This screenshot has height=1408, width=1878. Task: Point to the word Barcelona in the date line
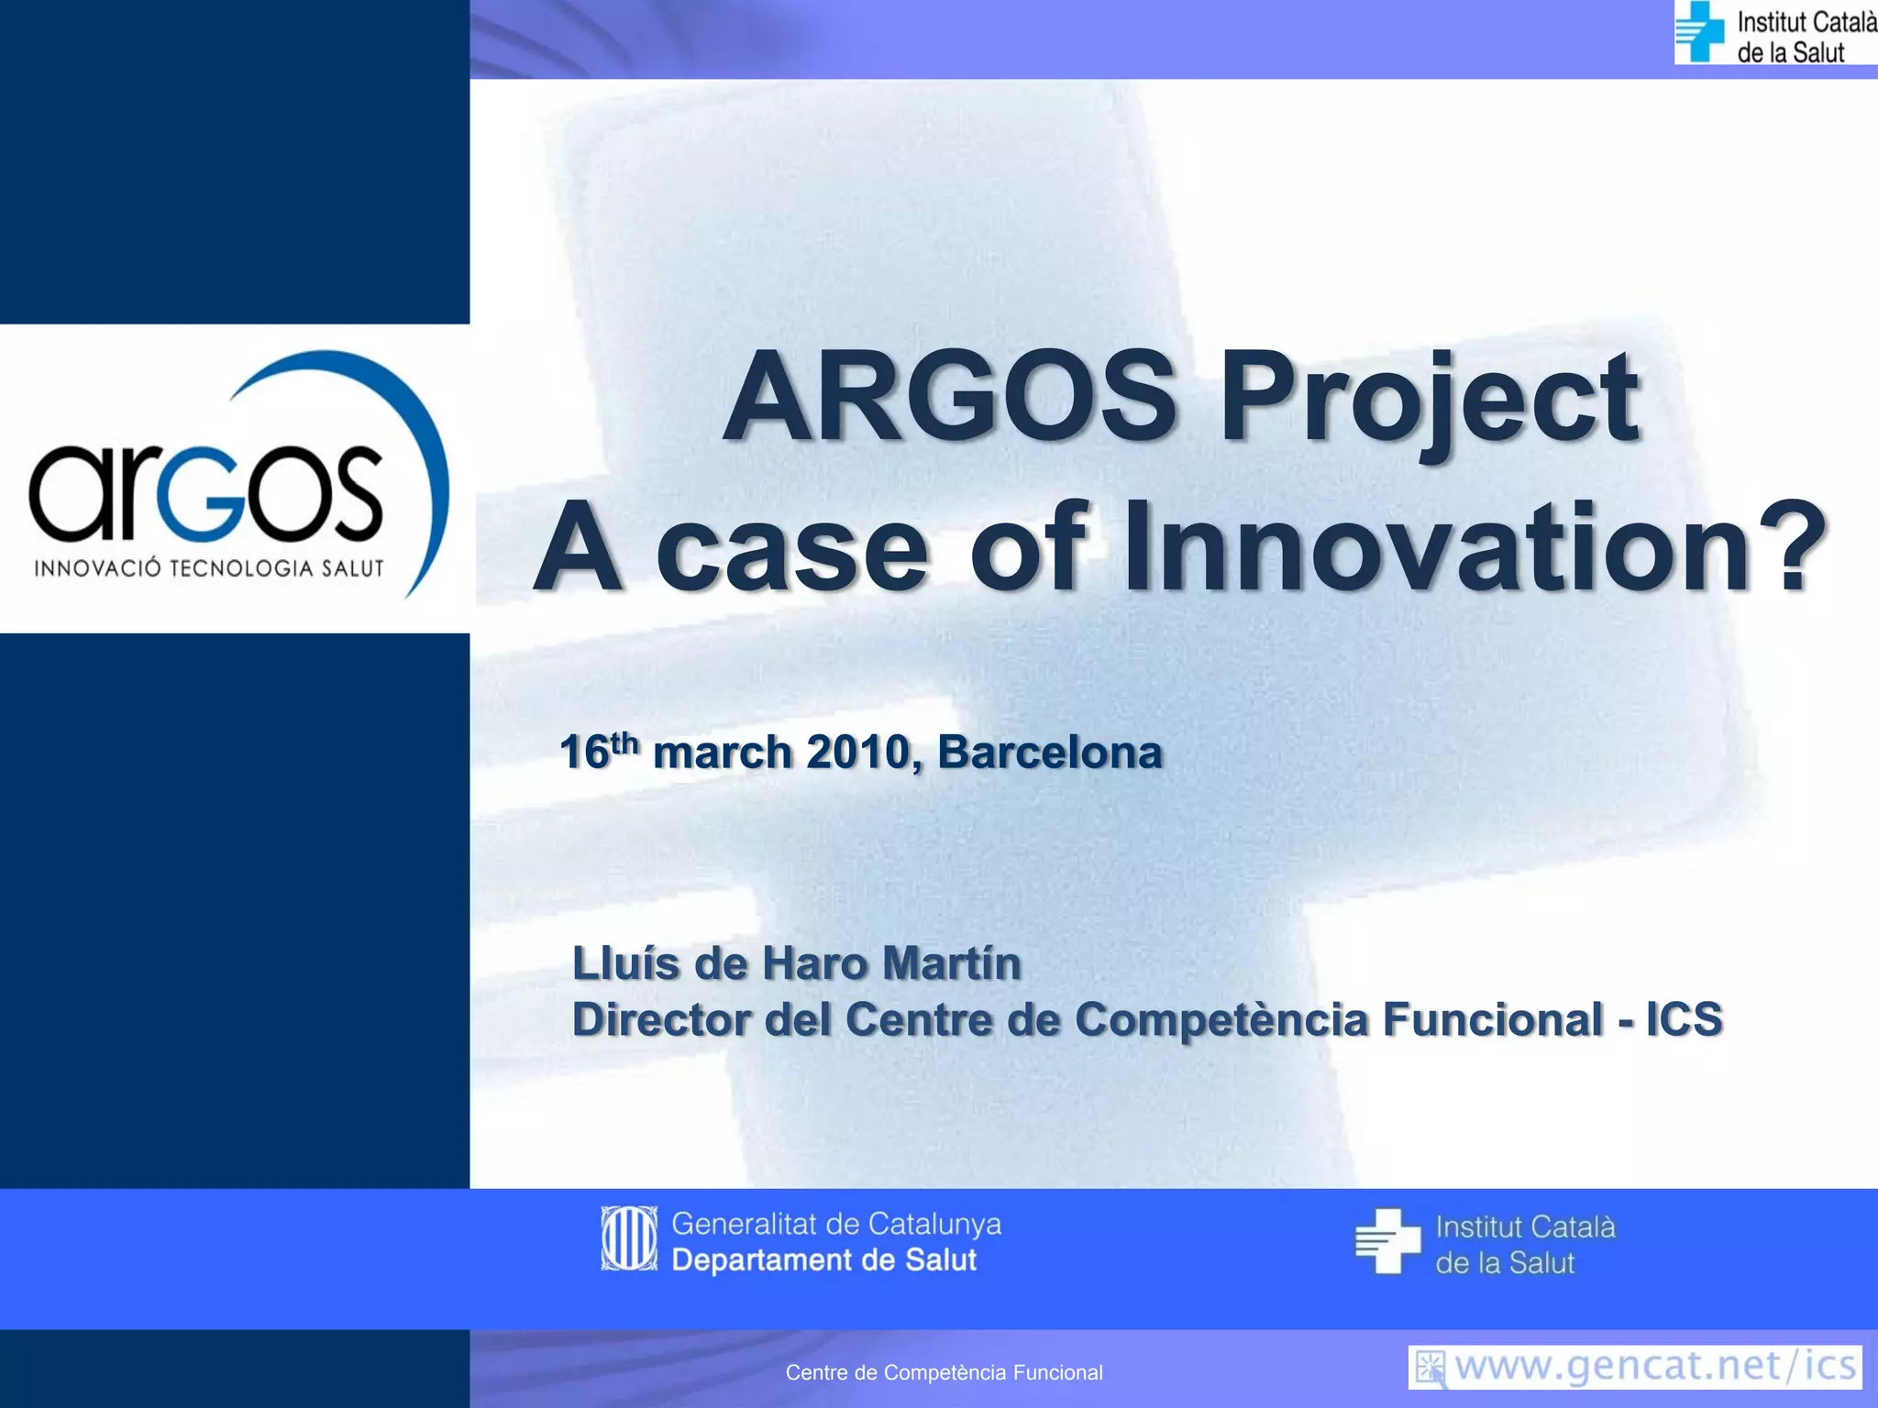1049,753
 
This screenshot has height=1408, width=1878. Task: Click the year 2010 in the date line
857,753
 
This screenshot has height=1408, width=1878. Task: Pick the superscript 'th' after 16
624,741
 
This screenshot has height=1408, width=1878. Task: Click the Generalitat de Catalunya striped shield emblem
629,1238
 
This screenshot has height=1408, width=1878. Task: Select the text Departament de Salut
823,1260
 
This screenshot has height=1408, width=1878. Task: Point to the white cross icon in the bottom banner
1386,1241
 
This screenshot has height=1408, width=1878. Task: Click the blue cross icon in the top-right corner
1699,31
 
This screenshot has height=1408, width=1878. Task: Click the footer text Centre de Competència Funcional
944,1372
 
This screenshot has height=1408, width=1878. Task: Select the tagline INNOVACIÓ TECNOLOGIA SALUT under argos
209,568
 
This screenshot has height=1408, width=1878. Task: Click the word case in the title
793,550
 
